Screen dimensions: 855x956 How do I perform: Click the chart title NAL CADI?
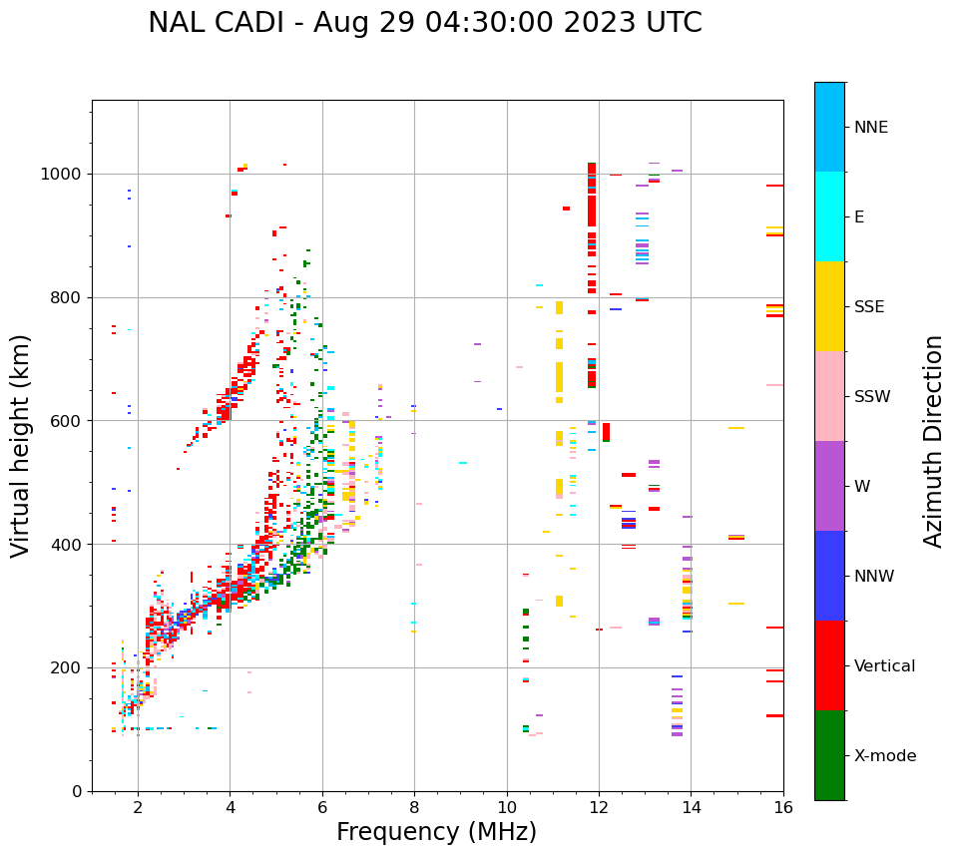[x=424, y=23]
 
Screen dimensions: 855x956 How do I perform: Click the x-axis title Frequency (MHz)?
[x=436, y=832]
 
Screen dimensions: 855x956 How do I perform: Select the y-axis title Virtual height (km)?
[x=22, y=445]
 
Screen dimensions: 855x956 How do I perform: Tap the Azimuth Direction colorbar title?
[x=933, y=441]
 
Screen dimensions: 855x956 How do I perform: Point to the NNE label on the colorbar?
[x=870, y=128]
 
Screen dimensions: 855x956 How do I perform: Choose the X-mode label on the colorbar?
[x=884, y=756]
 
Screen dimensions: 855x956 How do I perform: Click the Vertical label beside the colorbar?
[x=884, y=666]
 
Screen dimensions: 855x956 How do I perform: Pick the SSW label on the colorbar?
[x=872, y=397]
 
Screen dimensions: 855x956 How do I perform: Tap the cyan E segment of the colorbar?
[x=829, y=216]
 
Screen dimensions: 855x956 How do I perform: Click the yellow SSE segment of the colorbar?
[x=829, y=306]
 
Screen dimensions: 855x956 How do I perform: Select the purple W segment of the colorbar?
[x=829, y=486]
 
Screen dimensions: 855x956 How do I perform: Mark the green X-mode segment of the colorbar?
[x=829, y=755]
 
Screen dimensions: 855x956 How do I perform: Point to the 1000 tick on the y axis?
[x=66, y=175]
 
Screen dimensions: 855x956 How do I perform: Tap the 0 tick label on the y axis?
[x=78, y=791]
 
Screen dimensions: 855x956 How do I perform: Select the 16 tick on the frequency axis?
[x=783, y=807]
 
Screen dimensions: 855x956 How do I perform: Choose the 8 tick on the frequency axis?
[x=414, y=807]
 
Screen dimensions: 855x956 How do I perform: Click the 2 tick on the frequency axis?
[x=138, y=807]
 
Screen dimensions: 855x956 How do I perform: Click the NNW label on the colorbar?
[x=874, y=577]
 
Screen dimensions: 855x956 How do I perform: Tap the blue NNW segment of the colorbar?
[x=829, y=576]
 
